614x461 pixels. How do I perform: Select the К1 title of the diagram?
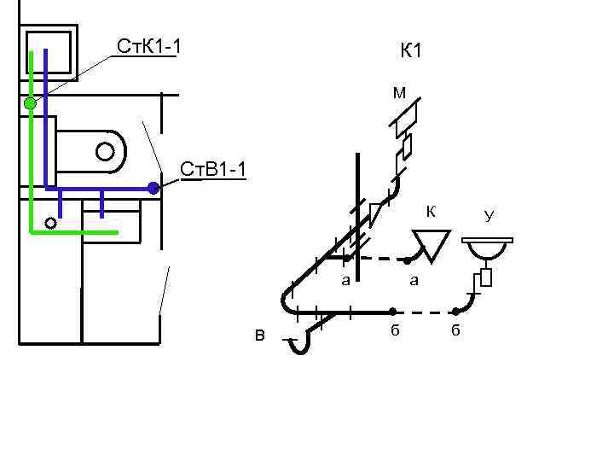[x=411, y=52]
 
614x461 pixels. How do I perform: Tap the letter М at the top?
[x=399, y=92]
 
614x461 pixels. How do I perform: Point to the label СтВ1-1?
[x=214, y=170]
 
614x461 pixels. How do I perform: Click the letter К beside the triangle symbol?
[x=432, y=211]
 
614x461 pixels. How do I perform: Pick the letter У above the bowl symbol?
[x=489, y=216]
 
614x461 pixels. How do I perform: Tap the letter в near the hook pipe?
[x=259, y=335]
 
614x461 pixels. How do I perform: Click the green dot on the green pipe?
[x=30, y=103]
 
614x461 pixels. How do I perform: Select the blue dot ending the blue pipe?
[x=153, y=188]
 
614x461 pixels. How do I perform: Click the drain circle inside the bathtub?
[x=105, y=152]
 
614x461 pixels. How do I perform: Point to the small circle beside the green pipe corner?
[x=50, y=224]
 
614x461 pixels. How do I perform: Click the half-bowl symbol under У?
[x=488, y=250]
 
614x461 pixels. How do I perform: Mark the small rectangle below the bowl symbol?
[x=486, y=277]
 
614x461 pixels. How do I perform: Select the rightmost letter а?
[x=414, y=280]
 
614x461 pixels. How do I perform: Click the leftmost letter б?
[x=394, y=331]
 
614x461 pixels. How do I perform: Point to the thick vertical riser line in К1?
[x=359, y=213]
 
